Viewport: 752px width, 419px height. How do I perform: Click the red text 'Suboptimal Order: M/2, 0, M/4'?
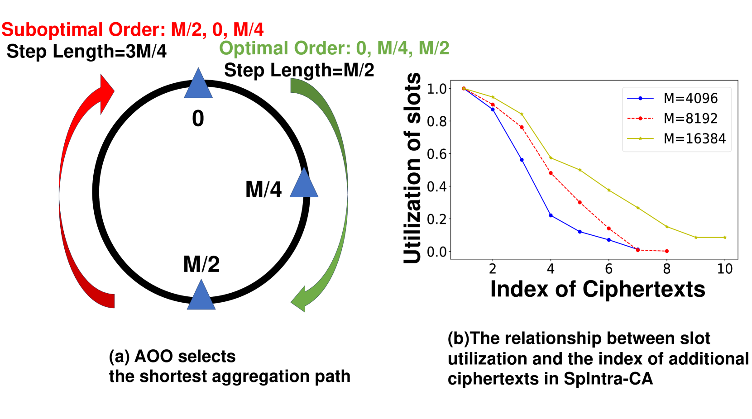click(133, 30)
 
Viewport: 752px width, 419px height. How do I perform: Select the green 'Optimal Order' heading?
click(334, 48)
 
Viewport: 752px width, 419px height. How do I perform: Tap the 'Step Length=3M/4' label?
click(86, 52)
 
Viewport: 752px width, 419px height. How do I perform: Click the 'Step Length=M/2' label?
click(299, 70)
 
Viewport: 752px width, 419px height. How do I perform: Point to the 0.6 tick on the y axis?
click(436, 154)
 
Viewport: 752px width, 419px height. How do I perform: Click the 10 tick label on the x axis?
click(724, 269)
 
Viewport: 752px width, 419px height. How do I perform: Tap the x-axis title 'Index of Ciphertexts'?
click(598, 289)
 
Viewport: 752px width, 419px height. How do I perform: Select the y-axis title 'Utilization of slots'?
click(412, 168)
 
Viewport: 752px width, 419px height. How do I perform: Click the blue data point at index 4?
click(551, 215)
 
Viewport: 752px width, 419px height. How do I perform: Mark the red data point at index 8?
click(667, 251)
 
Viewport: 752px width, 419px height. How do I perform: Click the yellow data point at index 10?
click(725, 238)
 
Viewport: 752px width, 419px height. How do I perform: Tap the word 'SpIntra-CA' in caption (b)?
click(608, 379)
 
